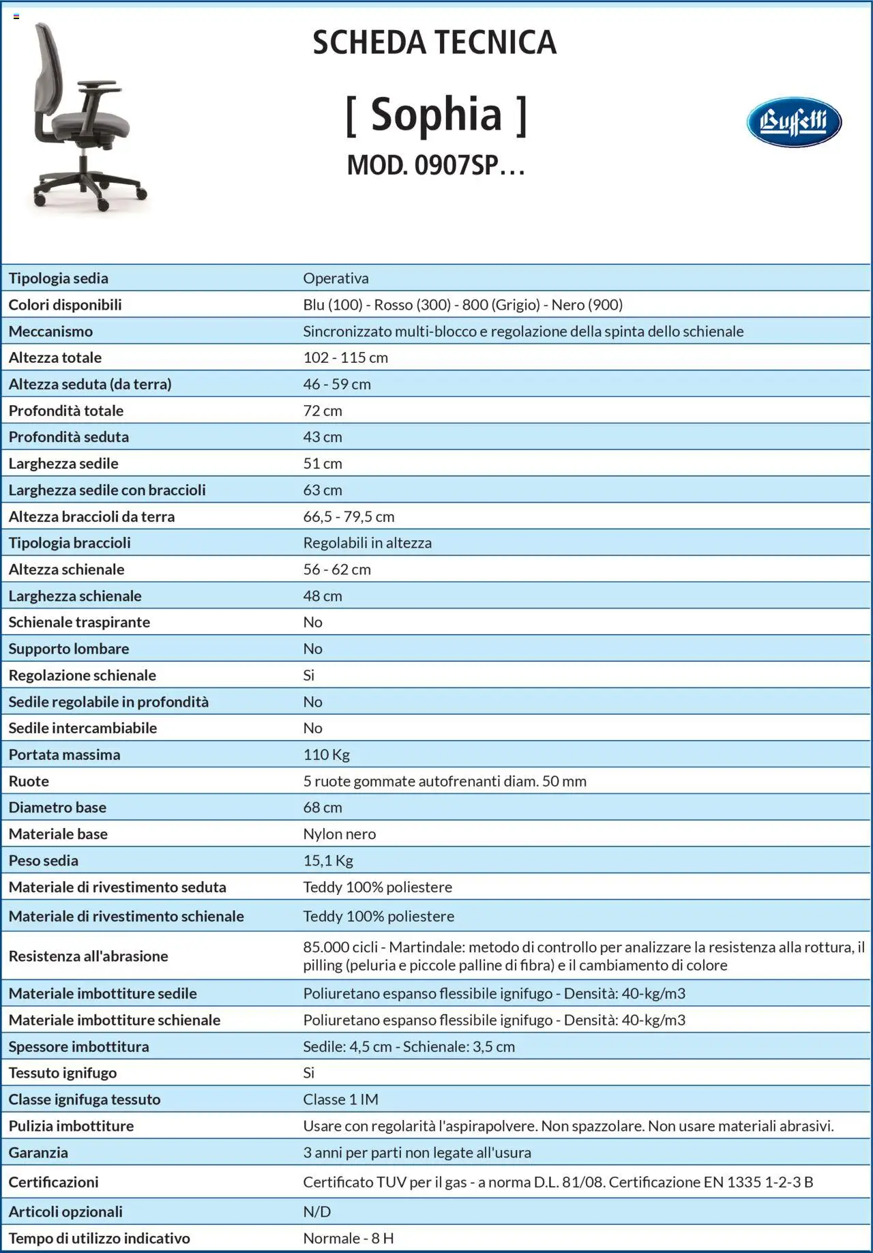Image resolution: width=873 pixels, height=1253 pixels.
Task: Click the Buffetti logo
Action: point(793,123)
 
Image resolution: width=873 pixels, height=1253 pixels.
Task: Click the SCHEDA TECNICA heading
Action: point(434,43)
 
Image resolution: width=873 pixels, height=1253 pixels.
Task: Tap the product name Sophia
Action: point(436,115)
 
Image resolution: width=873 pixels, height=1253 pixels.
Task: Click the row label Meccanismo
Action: point(50,331)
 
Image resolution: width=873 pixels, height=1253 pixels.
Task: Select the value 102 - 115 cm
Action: point(345,358)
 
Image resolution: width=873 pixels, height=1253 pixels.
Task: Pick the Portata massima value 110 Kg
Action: point(326,755)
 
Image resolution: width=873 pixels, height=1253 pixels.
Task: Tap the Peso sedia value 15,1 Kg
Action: point(328,861)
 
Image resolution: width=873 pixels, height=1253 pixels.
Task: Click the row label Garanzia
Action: point(38,1153)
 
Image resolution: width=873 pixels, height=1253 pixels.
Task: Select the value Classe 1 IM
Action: point(340,1100)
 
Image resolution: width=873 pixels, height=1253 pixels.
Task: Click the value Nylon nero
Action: point(339,834)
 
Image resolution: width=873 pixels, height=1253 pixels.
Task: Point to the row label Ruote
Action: point(29,782)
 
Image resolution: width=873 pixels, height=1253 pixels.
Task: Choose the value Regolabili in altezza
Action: point(367,543)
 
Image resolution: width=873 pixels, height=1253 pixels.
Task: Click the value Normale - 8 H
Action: point(348,1238)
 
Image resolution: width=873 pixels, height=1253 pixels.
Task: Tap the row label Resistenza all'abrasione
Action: point(88,956)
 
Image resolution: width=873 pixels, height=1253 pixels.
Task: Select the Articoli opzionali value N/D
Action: point(316,1212)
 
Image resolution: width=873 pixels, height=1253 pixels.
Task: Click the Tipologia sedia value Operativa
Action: point(336,278)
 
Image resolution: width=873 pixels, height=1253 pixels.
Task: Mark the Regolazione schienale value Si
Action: point(308,675)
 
